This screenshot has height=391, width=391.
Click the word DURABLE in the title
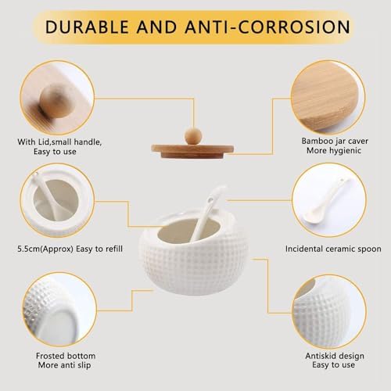87,27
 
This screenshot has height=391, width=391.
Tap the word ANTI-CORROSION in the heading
267,27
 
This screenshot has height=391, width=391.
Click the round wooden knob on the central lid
193,136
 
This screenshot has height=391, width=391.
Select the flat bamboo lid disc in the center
192,152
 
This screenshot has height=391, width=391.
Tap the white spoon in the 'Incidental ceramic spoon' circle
326,201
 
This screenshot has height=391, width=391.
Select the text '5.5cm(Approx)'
45,249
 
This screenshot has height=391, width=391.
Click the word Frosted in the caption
50,356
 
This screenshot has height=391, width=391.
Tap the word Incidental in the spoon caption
304,249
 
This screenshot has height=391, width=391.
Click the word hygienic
346,150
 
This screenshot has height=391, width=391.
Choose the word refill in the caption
113,249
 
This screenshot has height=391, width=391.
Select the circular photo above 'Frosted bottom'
59,310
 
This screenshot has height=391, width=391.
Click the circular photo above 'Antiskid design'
329,312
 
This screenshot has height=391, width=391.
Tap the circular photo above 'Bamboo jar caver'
328,98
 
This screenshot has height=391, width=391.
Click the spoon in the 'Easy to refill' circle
47,195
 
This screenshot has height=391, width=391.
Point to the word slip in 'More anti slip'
84,365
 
